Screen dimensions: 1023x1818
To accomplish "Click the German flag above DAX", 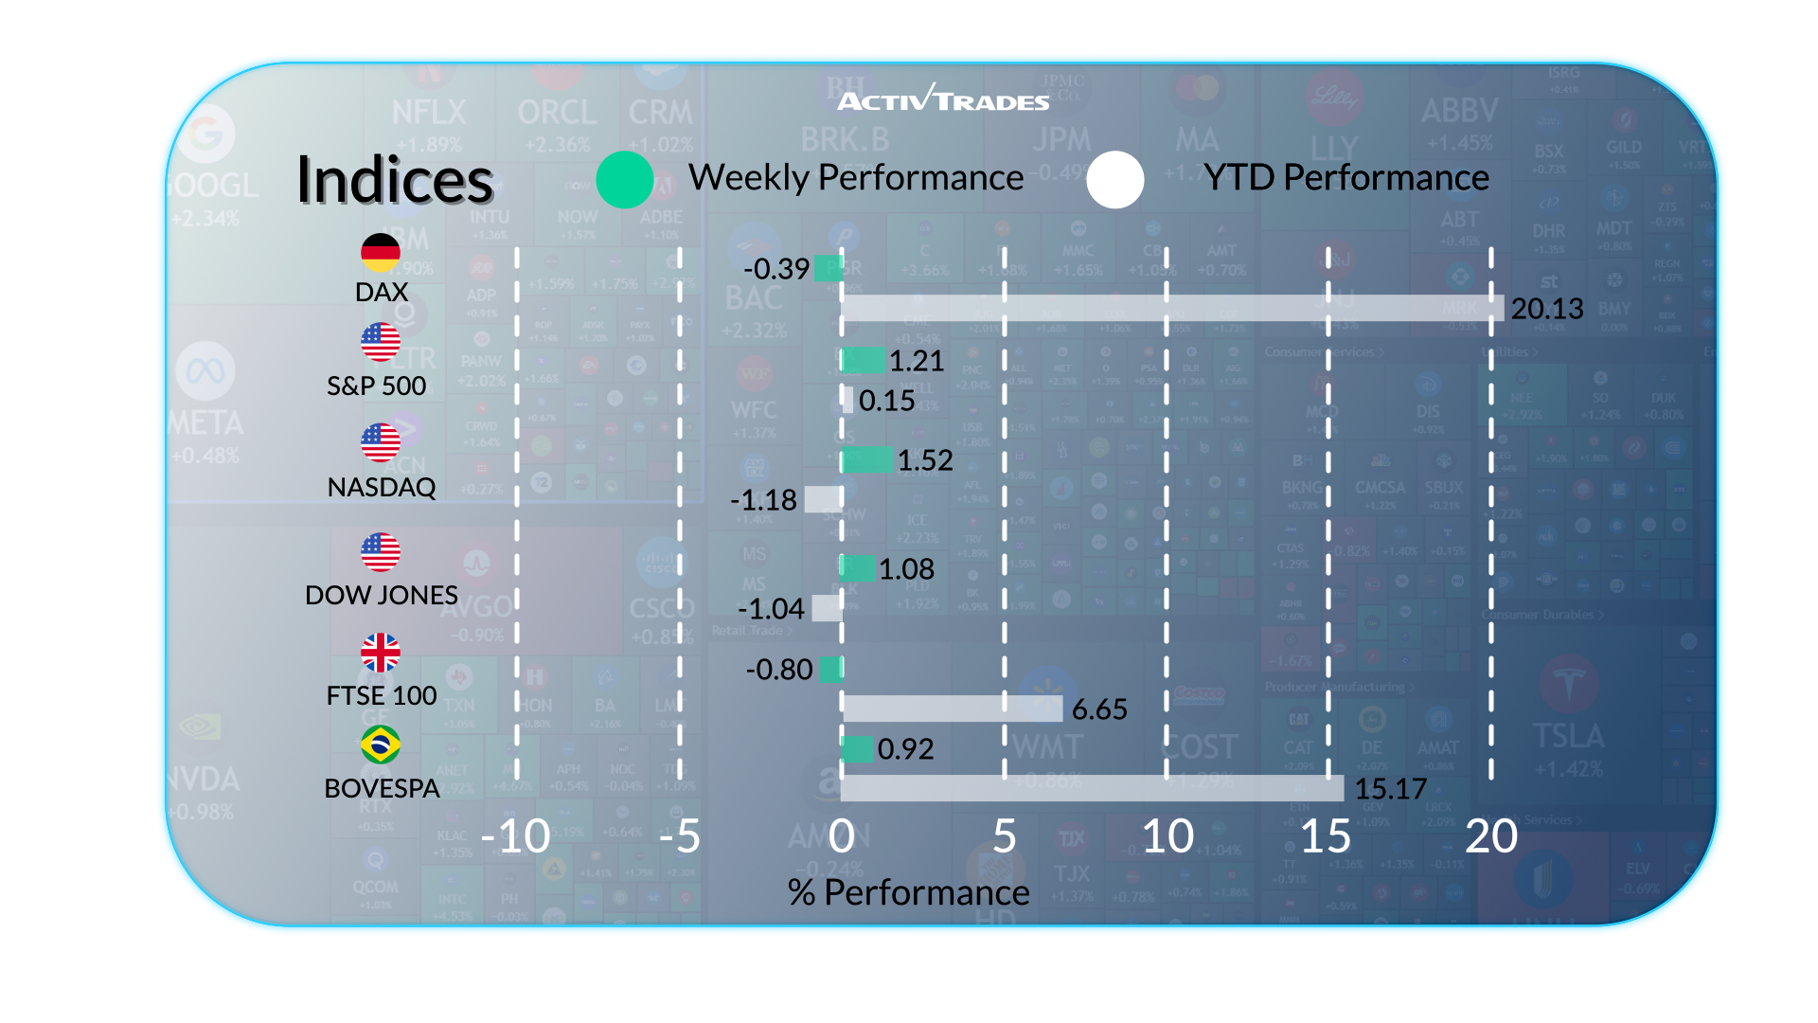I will (x=381, y=252).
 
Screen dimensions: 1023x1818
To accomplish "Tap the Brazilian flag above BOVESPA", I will (x=381, y=745).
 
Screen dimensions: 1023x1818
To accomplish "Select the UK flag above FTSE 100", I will (x=381, y=653).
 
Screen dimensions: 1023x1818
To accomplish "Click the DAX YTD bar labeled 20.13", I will (x=1171, y=308).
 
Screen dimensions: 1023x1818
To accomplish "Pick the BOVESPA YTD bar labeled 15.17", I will (x=1092, y=788).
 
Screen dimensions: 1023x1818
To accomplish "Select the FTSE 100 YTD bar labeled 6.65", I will (x=952, y=709).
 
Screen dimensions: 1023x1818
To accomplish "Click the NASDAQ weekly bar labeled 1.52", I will (x=866, y=460).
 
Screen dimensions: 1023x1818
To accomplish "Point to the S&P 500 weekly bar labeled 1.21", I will (x=863, y=360).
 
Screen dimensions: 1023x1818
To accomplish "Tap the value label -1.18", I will (x=764, y=500).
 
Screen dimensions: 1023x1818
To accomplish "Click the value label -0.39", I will (x=776, y=269).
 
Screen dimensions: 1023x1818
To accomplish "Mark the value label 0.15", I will (x=886, y=401).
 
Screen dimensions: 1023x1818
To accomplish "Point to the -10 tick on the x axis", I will (x=516, y=836).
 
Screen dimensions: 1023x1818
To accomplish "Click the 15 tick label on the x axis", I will (x=1326, y=836).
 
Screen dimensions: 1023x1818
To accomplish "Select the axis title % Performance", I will (x=908, y=892).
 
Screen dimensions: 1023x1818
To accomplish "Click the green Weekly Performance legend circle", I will (x=625, y=179).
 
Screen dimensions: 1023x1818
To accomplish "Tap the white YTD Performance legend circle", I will (x=1115, y=179).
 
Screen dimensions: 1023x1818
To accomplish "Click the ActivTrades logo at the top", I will (x=943, y=99).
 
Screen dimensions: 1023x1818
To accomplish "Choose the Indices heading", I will (x=395, y=180).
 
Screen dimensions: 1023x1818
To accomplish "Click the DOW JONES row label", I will (x=382, y=595).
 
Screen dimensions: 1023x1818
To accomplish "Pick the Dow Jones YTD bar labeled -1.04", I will (x=827, y=608).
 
